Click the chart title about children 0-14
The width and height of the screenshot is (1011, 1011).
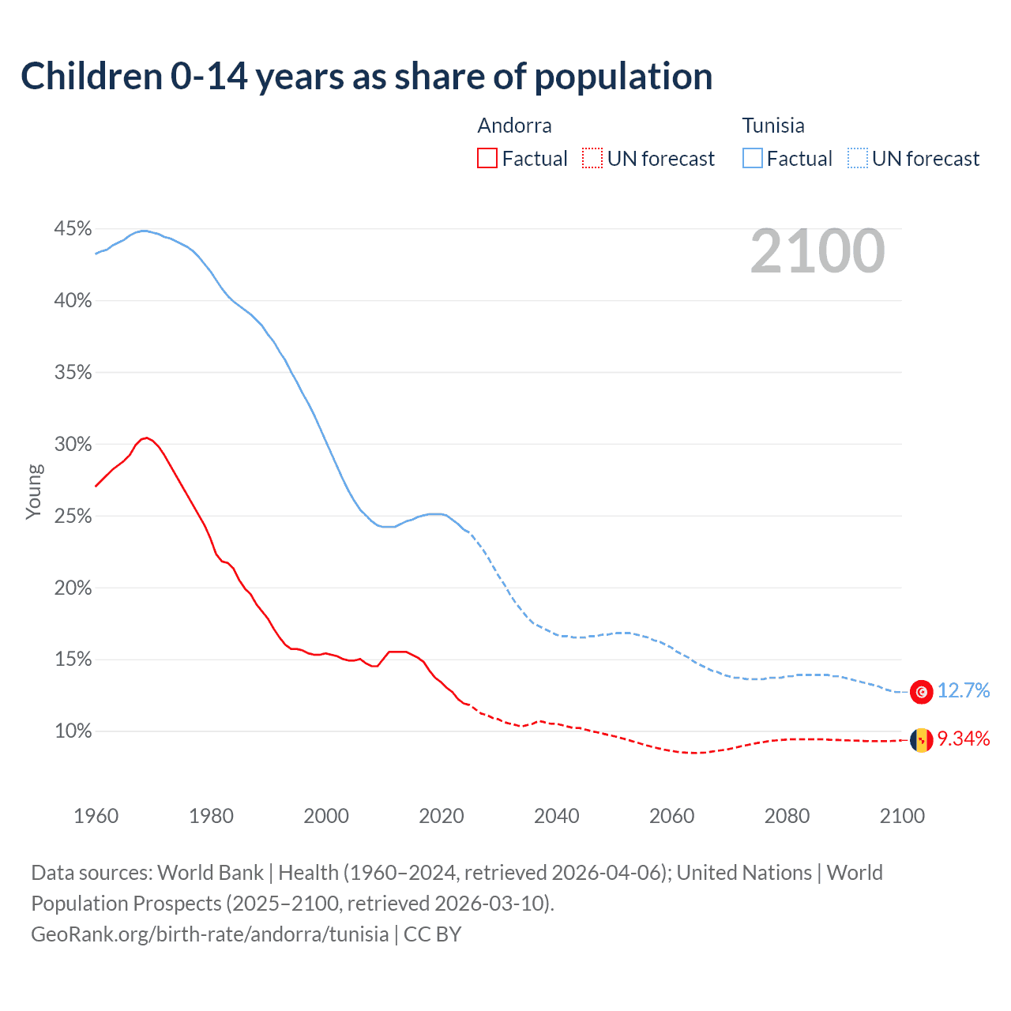click(x=366, y=77)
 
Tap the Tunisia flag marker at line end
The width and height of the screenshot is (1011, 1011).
click(x=921, y=692)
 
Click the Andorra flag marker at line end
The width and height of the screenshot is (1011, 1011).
click(x=921, y=740)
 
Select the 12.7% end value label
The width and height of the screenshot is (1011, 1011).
click(x=964, y=691)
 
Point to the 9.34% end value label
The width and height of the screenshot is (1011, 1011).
click(x=964, y=739)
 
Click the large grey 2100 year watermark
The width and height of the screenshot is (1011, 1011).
click(x=817, y=251)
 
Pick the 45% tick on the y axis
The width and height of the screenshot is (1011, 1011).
click(x=73, y=229)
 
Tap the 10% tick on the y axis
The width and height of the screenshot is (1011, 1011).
click(x=73, y=731)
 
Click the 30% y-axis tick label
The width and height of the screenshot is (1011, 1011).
click(x=73, y=445)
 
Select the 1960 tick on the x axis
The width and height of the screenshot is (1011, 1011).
click(x=96, y=816)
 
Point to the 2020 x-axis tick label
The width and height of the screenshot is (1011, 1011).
click(x=441, y=816)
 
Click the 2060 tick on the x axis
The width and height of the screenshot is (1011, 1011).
click(x=671, y=816)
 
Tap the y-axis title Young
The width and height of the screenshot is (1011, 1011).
click(x=33, y=491)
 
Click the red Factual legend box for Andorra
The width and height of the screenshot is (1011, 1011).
click(x=487, y=159)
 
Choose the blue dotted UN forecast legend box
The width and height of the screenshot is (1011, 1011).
click(x=858, y=159)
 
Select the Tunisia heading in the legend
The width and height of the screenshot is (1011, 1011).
click(x=773, y=126)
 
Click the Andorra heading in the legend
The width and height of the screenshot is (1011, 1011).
click(x=514, y=126)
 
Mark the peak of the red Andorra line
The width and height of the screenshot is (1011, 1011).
click(x=145, y=438)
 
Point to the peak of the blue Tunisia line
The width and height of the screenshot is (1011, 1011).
click(x=142, y=231)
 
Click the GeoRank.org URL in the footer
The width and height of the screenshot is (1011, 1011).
click(x=209, y=934)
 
